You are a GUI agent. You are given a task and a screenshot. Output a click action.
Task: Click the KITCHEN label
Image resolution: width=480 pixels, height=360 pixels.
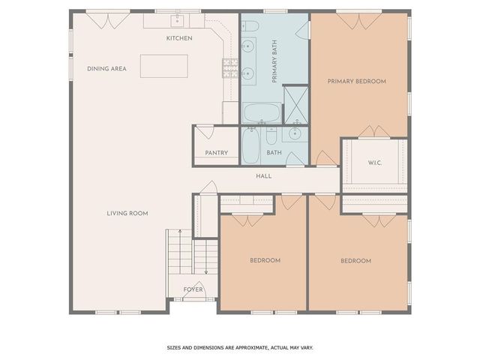click(179, 38)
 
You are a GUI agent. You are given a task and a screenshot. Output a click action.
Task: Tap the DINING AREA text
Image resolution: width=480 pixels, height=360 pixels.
click(106, 68)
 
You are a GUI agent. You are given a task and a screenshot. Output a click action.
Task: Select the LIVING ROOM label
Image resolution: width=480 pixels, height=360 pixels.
click(127, 213)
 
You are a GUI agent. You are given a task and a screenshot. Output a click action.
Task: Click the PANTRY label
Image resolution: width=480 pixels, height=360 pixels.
click(216, 153)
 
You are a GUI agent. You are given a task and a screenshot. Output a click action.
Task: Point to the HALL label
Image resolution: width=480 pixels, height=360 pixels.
click(263, 176)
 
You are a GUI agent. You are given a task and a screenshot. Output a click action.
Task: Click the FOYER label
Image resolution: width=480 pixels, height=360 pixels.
click(193, 289)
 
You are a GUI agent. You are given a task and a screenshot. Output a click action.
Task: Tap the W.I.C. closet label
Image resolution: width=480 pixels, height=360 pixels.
click(375, 163)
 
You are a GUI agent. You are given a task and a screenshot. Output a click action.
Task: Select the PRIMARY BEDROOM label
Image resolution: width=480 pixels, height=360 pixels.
click(357, 81)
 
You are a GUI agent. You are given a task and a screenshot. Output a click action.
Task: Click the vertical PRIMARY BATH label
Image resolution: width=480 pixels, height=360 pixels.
click(274, 64)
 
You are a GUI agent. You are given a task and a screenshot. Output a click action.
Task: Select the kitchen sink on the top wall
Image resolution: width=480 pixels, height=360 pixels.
click(180, 20)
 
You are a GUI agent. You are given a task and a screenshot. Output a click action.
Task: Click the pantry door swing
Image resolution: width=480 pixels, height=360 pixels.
click(203, 134)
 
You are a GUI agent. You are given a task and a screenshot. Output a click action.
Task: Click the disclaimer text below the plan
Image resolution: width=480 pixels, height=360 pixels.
click(239, 347)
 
